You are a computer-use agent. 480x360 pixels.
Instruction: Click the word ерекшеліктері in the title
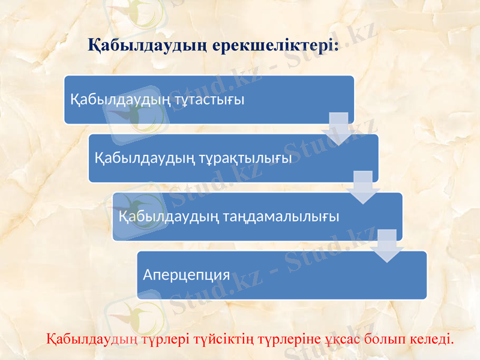pyautogui.click(x=273, y=46)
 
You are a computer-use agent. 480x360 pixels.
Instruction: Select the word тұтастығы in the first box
pyautogui.click(x=211, y=100)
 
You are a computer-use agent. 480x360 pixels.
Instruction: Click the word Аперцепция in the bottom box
pyautogui.click(x=187, y=275)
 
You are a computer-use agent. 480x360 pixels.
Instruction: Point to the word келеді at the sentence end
pyautogui.click(x=433, y=340)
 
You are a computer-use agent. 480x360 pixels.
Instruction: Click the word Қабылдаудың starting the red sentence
pyautogui.click(x=92, y=340)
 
